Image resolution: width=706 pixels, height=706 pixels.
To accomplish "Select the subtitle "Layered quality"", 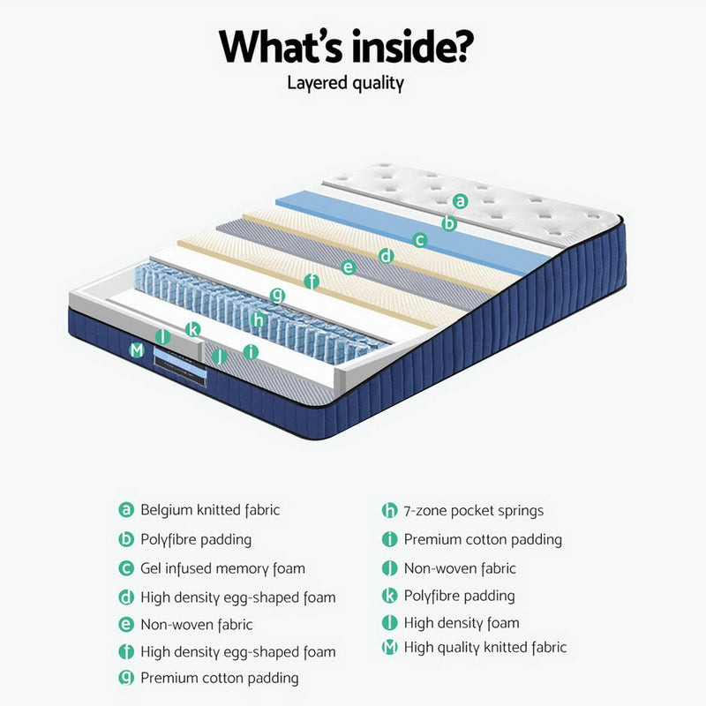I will click(x=345, y=84).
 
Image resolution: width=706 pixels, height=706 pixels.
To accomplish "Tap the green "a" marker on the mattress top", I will click(x=460, y=200).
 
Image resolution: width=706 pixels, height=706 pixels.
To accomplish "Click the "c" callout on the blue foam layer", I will click(x=421, y=238).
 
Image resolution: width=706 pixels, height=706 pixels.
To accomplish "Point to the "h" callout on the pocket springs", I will click(x=258, y=319).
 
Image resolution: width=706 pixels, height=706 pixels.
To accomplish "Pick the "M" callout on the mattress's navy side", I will click(x=136, y=350).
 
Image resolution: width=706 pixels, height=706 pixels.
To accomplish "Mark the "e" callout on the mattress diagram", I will click(x=348, y=267).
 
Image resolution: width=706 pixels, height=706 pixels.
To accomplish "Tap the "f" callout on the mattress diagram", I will click(x=311, y=282).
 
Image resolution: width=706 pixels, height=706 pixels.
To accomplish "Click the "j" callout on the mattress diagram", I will click(x=221, y=356).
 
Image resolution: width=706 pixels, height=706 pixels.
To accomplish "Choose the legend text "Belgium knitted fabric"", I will click(x=210, y=510).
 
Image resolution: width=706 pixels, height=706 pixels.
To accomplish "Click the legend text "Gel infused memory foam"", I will click(x=222, y=568).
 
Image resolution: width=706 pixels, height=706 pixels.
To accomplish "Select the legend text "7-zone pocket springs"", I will click(x=474, y=510).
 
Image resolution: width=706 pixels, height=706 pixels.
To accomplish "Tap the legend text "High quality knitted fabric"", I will click(x=484, y=648).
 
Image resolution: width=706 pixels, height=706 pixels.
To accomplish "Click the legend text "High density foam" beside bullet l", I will click(x=461, y=623).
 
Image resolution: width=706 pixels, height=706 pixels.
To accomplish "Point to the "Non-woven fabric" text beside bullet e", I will click(x=196, y=624).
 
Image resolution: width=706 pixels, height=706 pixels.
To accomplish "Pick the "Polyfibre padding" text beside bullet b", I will click(x=196, y=539).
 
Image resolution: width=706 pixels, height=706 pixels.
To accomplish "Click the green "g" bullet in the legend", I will click(x=126, y=678).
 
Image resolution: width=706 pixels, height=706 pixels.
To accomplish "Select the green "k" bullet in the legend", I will click(x=389, y=596).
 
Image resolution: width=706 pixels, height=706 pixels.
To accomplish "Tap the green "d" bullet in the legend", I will click(x=126, y=597).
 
